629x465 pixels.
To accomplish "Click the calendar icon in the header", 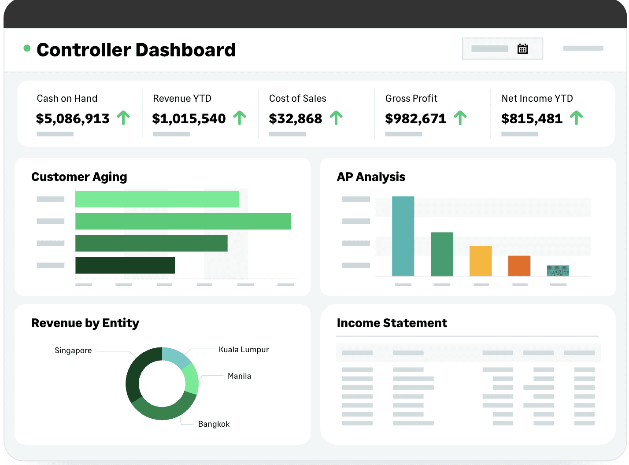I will (522, 49).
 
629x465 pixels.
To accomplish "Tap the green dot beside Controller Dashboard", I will (27, 48).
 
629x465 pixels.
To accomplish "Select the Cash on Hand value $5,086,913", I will (73, 118).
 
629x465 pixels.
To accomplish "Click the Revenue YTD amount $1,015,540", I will (189, 118).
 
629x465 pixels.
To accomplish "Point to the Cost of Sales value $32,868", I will (296, 118).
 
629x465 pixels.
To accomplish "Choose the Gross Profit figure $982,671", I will (415, 118).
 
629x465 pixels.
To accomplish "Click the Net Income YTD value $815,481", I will (532, 118).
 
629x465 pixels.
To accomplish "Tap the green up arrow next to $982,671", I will (460, 118).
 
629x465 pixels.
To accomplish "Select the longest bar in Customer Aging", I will (183, 221).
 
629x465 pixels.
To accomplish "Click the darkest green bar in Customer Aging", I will (125, 265).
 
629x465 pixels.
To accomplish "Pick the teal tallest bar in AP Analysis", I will (403, 236).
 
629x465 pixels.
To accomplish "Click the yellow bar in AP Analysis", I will (480, 261).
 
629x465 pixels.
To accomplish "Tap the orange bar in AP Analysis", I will (519, 266).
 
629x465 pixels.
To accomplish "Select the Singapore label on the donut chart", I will (73, 351).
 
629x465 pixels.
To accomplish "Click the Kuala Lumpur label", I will (244, 350).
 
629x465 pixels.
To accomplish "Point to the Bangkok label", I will (214, 424).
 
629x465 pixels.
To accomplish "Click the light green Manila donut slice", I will (191, 379).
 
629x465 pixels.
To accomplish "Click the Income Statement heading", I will (392, 323).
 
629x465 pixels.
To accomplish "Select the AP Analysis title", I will (371, 177).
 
